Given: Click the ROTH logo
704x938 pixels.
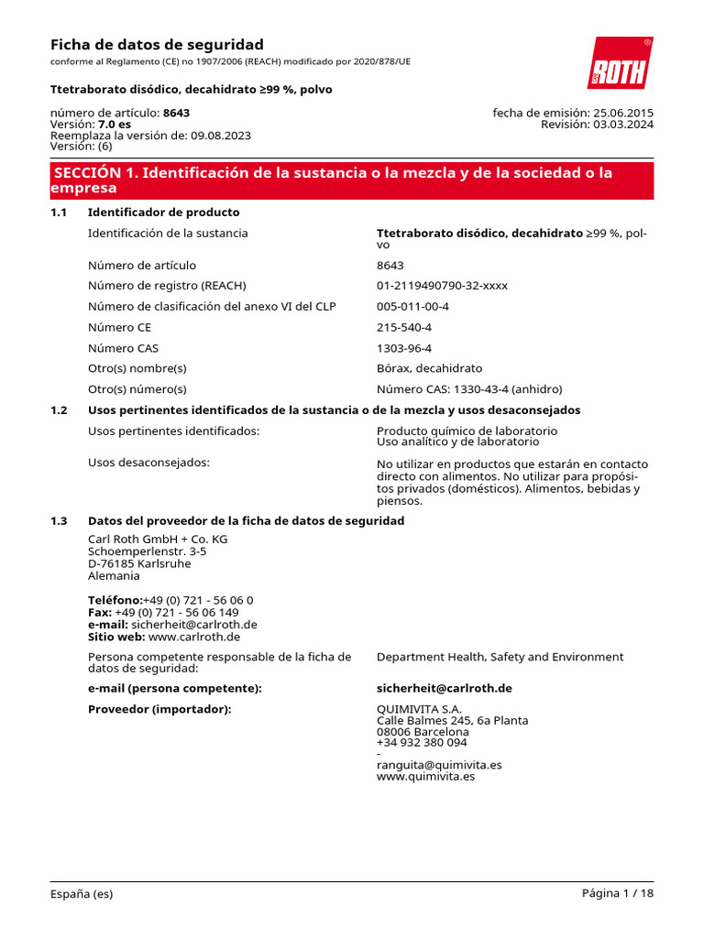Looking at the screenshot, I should tap(620, 63).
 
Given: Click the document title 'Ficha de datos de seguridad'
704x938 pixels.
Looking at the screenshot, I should tap(156, 44).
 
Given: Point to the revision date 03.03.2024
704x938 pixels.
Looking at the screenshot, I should tap(622, 125).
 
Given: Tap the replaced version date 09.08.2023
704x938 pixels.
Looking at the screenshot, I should tap(221, 136).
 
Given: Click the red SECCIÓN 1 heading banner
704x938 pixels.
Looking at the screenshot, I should tap(351, 180).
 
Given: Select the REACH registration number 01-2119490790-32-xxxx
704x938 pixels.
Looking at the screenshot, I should tap(442, 285).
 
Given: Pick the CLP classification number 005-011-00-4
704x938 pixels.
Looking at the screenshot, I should tap(412, 306).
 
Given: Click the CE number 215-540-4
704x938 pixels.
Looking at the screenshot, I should tap(404, 327).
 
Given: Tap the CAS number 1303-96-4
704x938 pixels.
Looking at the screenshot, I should tap(404, 348).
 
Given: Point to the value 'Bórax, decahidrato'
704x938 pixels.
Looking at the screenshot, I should tap(429, 368).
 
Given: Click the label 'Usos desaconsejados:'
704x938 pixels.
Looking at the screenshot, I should tap(148, 462).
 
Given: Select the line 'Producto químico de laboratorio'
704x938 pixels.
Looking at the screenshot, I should tap(467, 431).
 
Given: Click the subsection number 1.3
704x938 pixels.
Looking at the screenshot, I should tap(59, 520).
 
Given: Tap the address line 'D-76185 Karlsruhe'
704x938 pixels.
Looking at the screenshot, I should tap(139, 563).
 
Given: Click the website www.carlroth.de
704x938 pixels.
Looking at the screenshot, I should tap(194, 637).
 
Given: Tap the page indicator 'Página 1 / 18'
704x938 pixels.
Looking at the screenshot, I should tap(618, 893).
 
